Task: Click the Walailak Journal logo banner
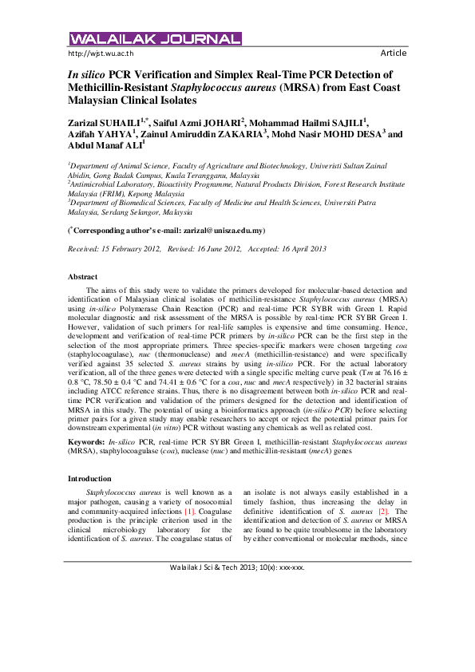click(x=155, y=38)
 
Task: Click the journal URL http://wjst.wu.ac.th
click(x=101, y=53)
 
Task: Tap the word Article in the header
click(x=393, y=53)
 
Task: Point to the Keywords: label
click(x=87, y=441)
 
